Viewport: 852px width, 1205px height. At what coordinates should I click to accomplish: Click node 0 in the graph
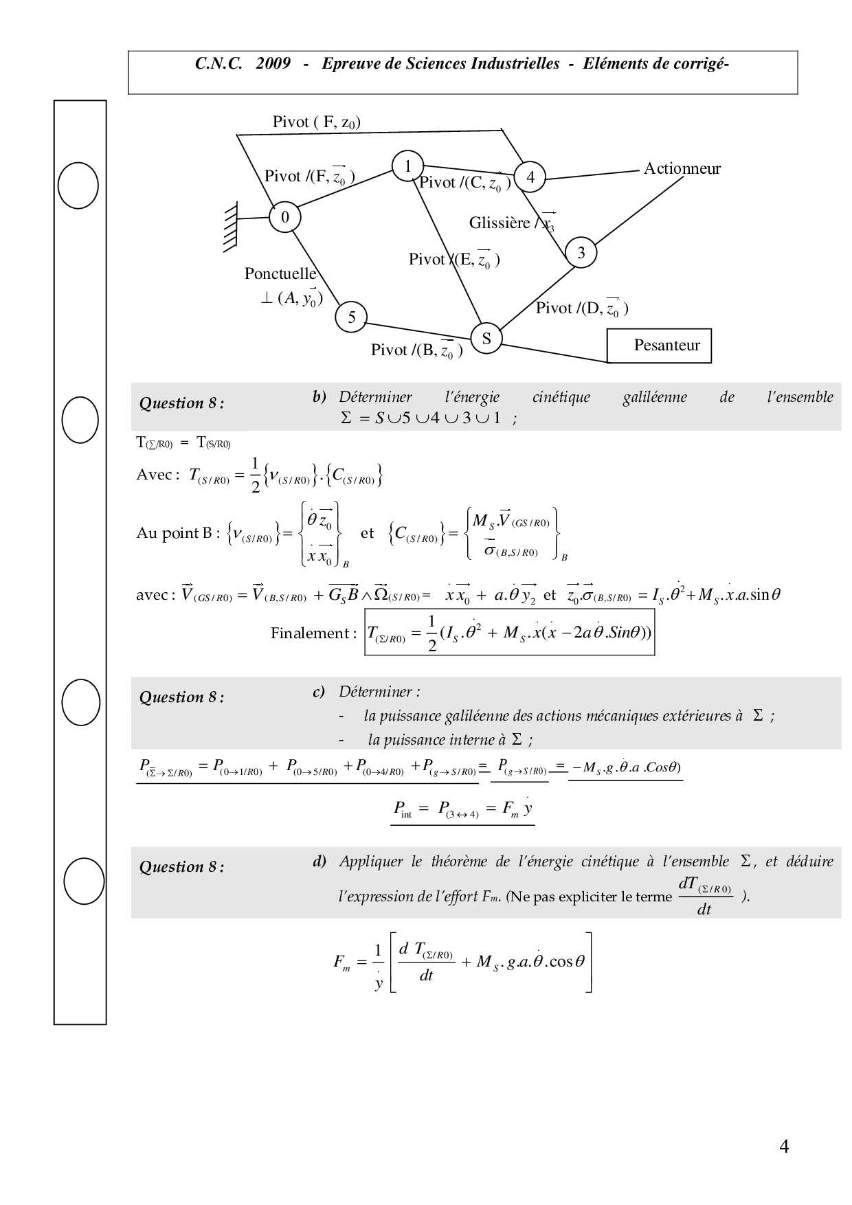pyautogui.click(x=285, y=217)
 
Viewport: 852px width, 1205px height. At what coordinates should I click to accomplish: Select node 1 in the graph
pyautogui.click(x=407, y=166)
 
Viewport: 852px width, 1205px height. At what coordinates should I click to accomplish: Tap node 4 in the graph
pyautogui.click(x=530, y=177)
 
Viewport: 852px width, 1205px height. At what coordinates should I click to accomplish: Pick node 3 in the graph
pyautogui.click(x=581, y=253)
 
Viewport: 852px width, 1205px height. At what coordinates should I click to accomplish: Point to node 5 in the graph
pyautogui.click(x=351, y=317)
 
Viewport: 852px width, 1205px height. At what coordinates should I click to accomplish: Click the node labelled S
pyautogui.click(x=486, y=338)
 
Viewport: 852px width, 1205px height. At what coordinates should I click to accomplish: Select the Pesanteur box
pyautogui.click(x=659, y=346)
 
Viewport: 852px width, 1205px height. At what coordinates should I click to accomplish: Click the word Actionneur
pyautogui.click(x=682, y=169)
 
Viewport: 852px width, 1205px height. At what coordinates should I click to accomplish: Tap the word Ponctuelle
pyautogui.click(x=280, y=273)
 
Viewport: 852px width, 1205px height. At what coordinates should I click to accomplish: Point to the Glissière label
pyautogui.click(x=500, y=223)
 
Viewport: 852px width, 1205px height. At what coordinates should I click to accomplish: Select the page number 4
pyautogui.click(x=784, y=1147)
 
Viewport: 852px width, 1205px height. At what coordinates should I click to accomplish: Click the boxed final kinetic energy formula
pyautogui.click(x=509, y=632)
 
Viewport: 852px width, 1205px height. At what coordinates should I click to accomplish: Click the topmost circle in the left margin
pyautogui.click(x=78, y=185)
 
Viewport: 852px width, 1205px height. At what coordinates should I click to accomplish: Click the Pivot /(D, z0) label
pyautogui.click(x=581, y=308)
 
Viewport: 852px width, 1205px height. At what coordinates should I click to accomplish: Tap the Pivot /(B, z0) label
pyautogui.click(x=416, y=350)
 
